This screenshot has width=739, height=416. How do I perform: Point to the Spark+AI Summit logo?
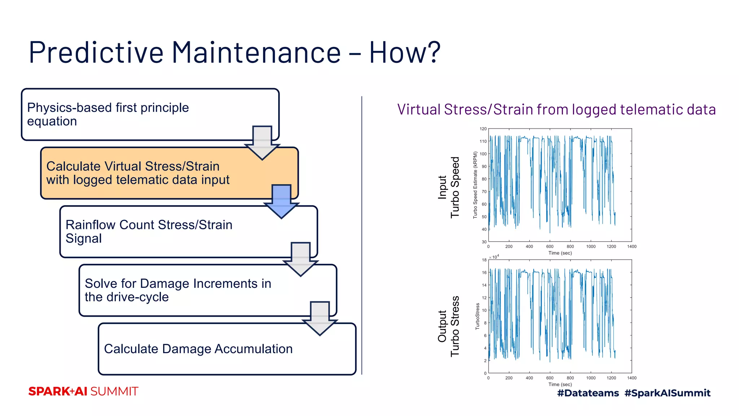[83, 391]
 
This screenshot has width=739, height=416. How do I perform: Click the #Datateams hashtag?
[588, 393]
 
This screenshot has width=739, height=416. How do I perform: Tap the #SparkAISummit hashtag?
[667, 393]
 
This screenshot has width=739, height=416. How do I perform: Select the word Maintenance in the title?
[256, 53]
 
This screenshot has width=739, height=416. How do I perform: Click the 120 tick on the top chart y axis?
[483, 129]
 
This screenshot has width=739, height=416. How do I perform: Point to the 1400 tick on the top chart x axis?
[631, 247]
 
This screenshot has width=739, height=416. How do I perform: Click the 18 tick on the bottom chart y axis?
[484, 260]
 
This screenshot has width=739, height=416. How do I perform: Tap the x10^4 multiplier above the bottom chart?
[494, 257]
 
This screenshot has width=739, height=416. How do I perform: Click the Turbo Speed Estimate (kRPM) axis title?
[475, 185]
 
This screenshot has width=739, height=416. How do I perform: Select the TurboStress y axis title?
[477, 316]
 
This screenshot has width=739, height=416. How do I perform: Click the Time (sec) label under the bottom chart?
[560, 384]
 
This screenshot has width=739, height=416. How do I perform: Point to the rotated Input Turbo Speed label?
[449, 187]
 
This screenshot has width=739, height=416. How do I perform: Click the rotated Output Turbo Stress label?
[449, 326]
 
